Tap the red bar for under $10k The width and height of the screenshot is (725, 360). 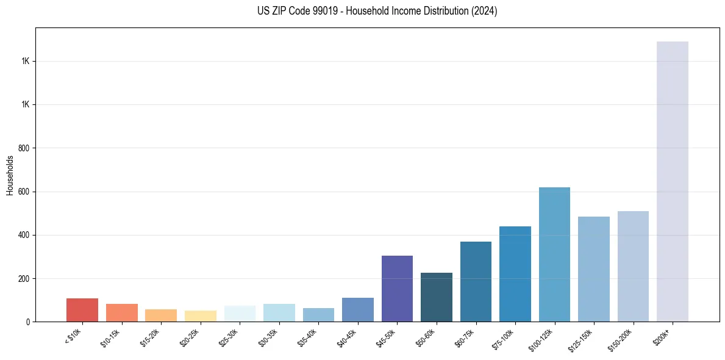click(x=82, y=310)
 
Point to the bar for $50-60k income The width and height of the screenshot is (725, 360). click(x=437, y=297)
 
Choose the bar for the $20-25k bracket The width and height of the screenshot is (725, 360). click(x=201, y=316)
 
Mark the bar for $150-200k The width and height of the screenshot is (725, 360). click(x=633, y=266)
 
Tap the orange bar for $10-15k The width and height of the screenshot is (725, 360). click(x=122, y=312)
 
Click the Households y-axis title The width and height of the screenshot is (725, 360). click(x=10, y=175)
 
